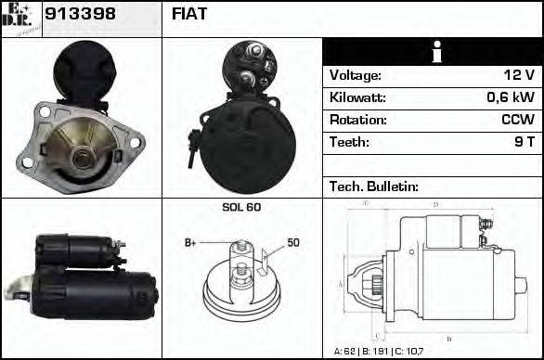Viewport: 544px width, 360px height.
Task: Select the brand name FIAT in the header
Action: [190, 15]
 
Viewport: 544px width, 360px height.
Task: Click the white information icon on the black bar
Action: [433, 52]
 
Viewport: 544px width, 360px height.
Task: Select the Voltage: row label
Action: [356, 75]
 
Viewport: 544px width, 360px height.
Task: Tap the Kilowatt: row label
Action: [358, 97]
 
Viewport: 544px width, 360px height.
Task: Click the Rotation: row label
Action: [357, 120]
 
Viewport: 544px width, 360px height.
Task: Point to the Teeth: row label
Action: [349, 142]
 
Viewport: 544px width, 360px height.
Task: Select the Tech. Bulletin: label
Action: [371, 186]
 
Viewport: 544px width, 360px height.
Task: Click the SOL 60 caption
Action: [241, 207]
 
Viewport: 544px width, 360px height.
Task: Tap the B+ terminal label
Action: [190, 243]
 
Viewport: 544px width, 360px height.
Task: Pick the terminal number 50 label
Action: [293, 243]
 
